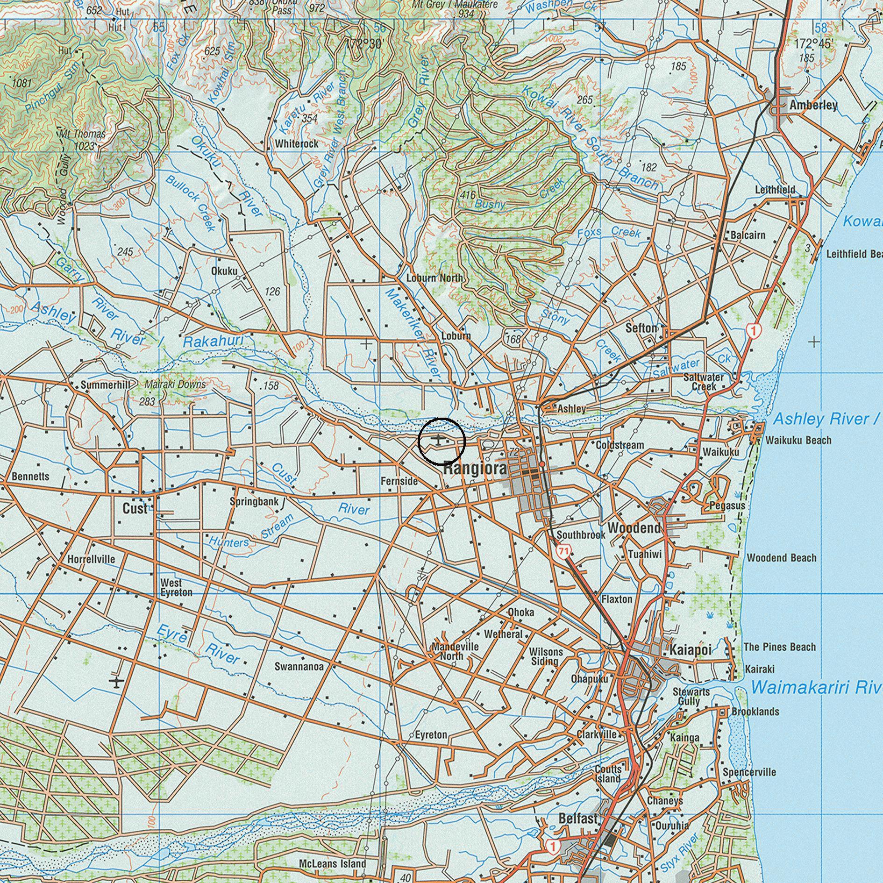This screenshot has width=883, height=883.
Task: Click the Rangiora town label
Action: pyautogui.click(x=475, y=468)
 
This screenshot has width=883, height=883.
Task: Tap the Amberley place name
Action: pyautogui.click(x=813, y=105)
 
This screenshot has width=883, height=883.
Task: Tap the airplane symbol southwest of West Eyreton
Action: pyautogui.click(x=116, y=682)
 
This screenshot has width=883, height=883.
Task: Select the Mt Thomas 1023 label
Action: pyautogui.click(x=83, y=140)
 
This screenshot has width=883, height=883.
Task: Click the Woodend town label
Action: pyautogui.click(x=634, y=528)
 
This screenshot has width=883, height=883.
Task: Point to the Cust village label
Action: pyautogui.click(x=135, y=508)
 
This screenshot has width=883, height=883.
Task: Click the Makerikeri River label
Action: pyautogui.click(x=412, y=333)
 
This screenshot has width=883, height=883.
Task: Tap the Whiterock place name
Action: pyautogui.click(x=297, y=144)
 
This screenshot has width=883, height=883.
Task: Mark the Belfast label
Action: pyautogui.click(x=578, y=819)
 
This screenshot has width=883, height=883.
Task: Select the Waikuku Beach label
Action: pyautogui.click(x=798, y=440)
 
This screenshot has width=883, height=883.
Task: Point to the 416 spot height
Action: pyautogui.click(x=467, y=195)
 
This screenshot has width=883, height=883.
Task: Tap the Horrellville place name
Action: pyautogui.click(x=91, y=559)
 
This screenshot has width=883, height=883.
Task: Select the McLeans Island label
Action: pyautogui.click(x=332, y=863)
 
